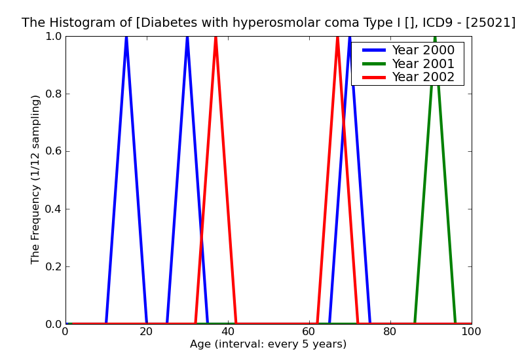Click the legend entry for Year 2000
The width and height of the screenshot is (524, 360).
click(422, 50)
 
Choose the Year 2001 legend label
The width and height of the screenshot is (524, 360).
click(422, 63)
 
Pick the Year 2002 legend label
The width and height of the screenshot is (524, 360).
click(422, 77)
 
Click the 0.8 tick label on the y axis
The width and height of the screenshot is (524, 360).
click(52, 94)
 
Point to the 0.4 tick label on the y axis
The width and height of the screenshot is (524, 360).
click(52, 209)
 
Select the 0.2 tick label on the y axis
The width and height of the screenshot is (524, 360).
click(52, 266)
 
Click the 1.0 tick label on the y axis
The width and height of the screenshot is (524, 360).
click(52, 36)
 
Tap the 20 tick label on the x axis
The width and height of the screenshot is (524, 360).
click(147, 332)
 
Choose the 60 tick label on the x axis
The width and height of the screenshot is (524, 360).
click(309, 332)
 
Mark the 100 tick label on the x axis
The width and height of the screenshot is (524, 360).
click(471, 332)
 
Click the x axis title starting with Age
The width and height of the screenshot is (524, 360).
click(268, 344)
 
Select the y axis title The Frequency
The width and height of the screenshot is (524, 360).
click(36, 179)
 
